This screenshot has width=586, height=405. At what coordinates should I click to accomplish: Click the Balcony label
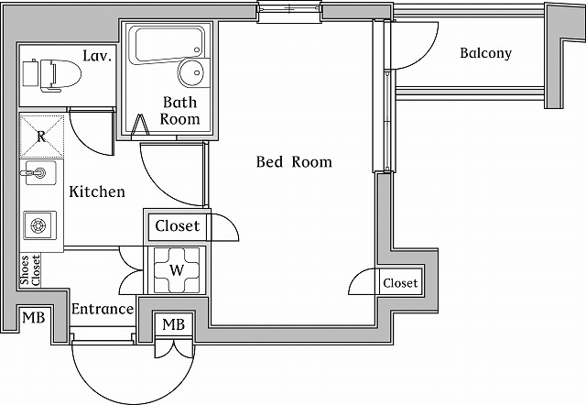[x=485, y=53]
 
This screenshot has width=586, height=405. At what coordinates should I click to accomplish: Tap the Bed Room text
[x=293, y=162]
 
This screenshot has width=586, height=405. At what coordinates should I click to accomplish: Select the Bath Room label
[x=179, y=110]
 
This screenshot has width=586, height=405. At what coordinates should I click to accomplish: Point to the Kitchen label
[x=97, y=192]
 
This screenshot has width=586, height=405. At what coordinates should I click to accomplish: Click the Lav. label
[x=97, y=57]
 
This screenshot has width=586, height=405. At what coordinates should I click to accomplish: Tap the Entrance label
[x=103, y=309]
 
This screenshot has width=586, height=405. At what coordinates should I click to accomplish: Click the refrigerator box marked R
[x=41, y=136]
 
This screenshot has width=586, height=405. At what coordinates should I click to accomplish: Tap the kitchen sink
[x=39, y=172]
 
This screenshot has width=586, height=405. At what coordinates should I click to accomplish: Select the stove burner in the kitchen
[x=39, y=224]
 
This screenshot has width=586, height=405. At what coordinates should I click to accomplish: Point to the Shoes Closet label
[x=30, y=271]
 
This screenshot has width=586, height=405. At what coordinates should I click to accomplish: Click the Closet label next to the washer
[x=176, y=226]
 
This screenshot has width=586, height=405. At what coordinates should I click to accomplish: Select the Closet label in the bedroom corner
[x=400, y=283]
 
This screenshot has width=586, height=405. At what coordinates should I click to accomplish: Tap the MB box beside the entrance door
[x=174, y=325]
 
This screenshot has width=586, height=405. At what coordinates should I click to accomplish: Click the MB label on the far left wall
[x=32, y=318]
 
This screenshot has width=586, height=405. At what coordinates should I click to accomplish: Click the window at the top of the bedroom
[x=289, y=10]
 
